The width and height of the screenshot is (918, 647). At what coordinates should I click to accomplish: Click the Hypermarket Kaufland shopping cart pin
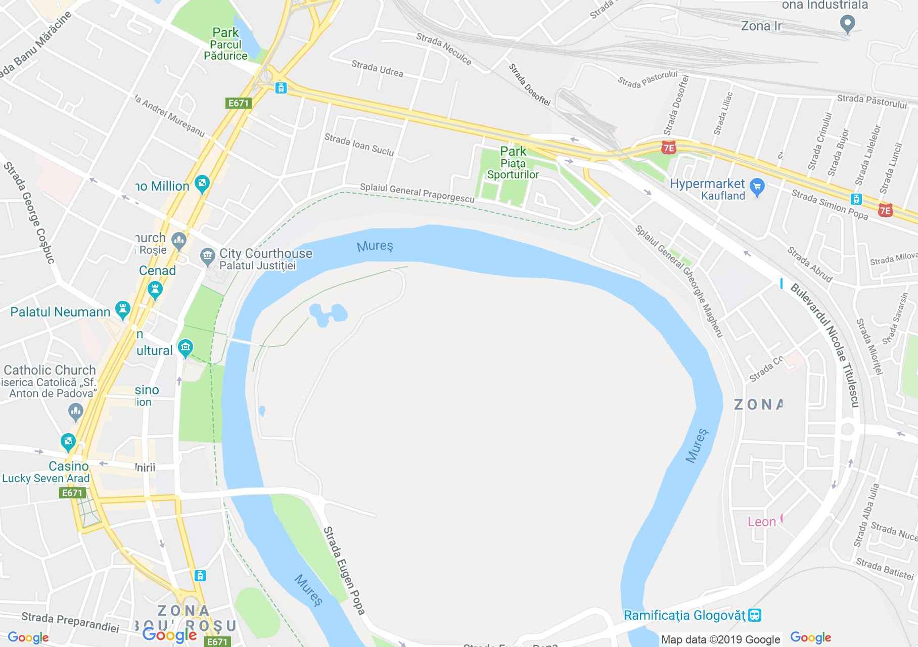[x=757, y=188]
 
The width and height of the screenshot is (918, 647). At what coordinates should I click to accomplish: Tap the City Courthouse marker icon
[x=207, y=256]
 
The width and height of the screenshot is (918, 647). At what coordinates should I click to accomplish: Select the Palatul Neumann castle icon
[x=122, y=309]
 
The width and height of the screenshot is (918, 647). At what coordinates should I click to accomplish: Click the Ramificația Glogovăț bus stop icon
[x=755, y=615]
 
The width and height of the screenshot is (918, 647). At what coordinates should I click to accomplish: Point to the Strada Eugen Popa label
[x=344, y=570]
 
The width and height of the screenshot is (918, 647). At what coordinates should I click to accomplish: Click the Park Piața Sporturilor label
[x=513, y=163]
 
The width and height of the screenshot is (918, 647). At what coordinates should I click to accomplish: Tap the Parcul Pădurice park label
[x=225, y=44]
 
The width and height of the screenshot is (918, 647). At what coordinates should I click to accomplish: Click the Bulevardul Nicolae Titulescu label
[x=824, y=345]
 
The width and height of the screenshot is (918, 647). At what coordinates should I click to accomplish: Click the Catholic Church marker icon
[x=75, y=411]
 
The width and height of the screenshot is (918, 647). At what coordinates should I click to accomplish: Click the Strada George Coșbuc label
[x=30, y=212]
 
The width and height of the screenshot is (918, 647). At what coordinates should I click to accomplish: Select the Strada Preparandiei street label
[x=70, y=622]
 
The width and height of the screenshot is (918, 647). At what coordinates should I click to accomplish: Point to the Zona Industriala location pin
[x=847, y=24]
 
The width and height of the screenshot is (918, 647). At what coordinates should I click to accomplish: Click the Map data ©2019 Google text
[x=720, y=640]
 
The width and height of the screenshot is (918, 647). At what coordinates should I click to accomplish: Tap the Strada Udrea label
[x=377, y=69]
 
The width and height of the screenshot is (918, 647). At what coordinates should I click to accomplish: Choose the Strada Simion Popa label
[x=830, y=205]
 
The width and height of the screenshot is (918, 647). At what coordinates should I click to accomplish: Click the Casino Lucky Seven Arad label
[x=46, y=472]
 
